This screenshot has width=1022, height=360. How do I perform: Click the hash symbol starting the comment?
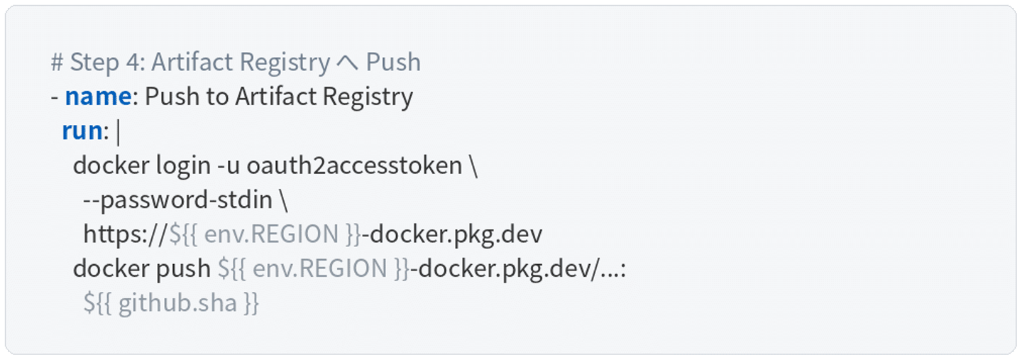point(57,62)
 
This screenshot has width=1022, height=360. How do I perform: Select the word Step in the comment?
point(95,62)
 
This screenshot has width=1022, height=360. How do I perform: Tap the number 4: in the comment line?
point(136,62)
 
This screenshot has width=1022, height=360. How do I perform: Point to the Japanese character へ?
point(347,62)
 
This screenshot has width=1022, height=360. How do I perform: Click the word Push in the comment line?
point(393,62)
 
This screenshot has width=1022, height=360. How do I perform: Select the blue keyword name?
point(98,97)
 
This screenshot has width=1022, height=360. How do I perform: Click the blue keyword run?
point(82,131)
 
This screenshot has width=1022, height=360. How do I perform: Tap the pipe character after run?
point(118,131)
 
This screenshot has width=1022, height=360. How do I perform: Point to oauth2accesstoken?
point(354,165)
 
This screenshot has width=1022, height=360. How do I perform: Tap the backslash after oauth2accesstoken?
point(473,165)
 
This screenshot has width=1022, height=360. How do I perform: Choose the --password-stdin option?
point(177,200)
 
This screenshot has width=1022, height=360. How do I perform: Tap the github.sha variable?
point(177,303)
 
